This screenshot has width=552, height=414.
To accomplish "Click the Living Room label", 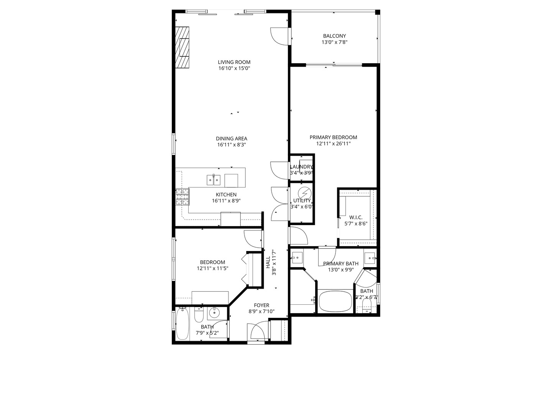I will click(x=234, y=62).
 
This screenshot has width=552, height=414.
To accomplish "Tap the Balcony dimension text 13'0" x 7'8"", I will click(x=334, y=43).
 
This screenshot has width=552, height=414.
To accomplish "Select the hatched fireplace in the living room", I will click(x=182, y=47).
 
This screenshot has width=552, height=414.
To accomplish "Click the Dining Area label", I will click(x=231, y=139).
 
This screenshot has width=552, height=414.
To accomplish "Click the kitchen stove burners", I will click(x=182, y=197).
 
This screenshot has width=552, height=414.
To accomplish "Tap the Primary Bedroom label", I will click(x=333, y=137).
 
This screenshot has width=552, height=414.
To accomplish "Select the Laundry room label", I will click(x=301, y=167).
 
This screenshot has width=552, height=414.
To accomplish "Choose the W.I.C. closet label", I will click(x=356, y=217).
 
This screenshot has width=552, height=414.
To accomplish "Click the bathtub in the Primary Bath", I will click(x=335, y=302).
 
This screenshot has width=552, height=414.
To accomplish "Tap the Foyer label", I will click(x=261, y=305).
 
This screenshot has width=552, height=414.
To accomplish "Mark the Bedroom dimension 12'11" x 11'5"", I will click(x=212, y=268).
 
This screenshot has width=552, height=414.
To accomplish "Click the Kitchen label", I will click(x=226, y=194).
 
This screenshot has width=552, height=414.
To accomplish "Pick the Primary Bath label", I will click(x=341, y=263).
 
